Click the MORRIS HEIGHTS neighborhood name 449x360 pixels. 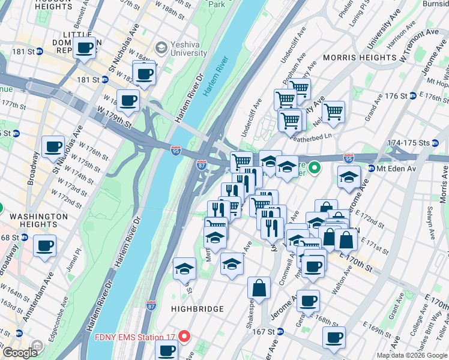click(x=359, y=58)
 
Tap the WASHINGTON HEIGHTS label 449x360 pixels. click(x=39, y=221)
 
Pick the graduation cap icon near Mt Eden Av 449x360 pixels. click(x=349, y=178)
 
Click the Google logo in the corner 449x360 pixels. click(x=20, y=353)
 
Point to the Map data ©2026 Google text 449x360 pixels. click(x=411, y=355)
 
